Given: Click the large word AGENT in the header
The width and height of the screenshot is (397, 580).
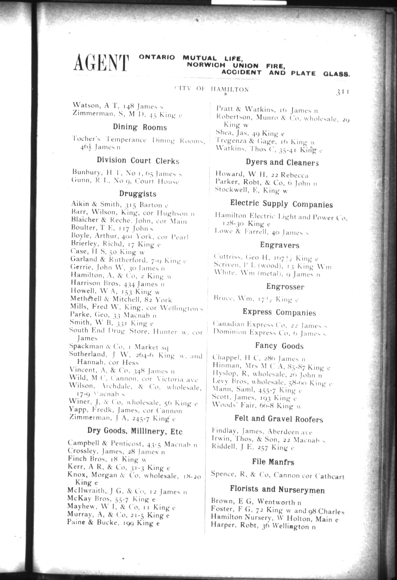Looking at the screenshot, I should point(101,63).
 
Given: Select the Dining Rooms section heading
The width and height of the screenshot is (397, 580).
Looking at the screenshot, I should point(140,127).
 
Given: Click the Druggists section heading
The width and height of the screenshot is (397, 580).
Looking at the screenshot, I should point(138,194).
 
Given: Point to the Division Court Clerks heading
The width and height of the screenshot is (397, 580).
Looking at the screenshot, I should point(138,161).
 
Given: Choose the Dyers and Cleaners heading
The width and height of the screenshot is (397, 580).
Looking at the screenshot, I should point(282,162).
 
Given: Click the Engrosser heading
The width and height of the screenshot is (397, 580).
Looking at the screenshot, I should point(285,287).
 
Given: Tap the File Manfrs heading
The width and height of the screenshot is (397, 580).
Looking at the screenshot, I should point(273,462).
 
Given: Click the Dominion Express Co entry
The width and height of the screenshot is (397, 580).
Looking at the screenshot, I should point(269,333).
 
